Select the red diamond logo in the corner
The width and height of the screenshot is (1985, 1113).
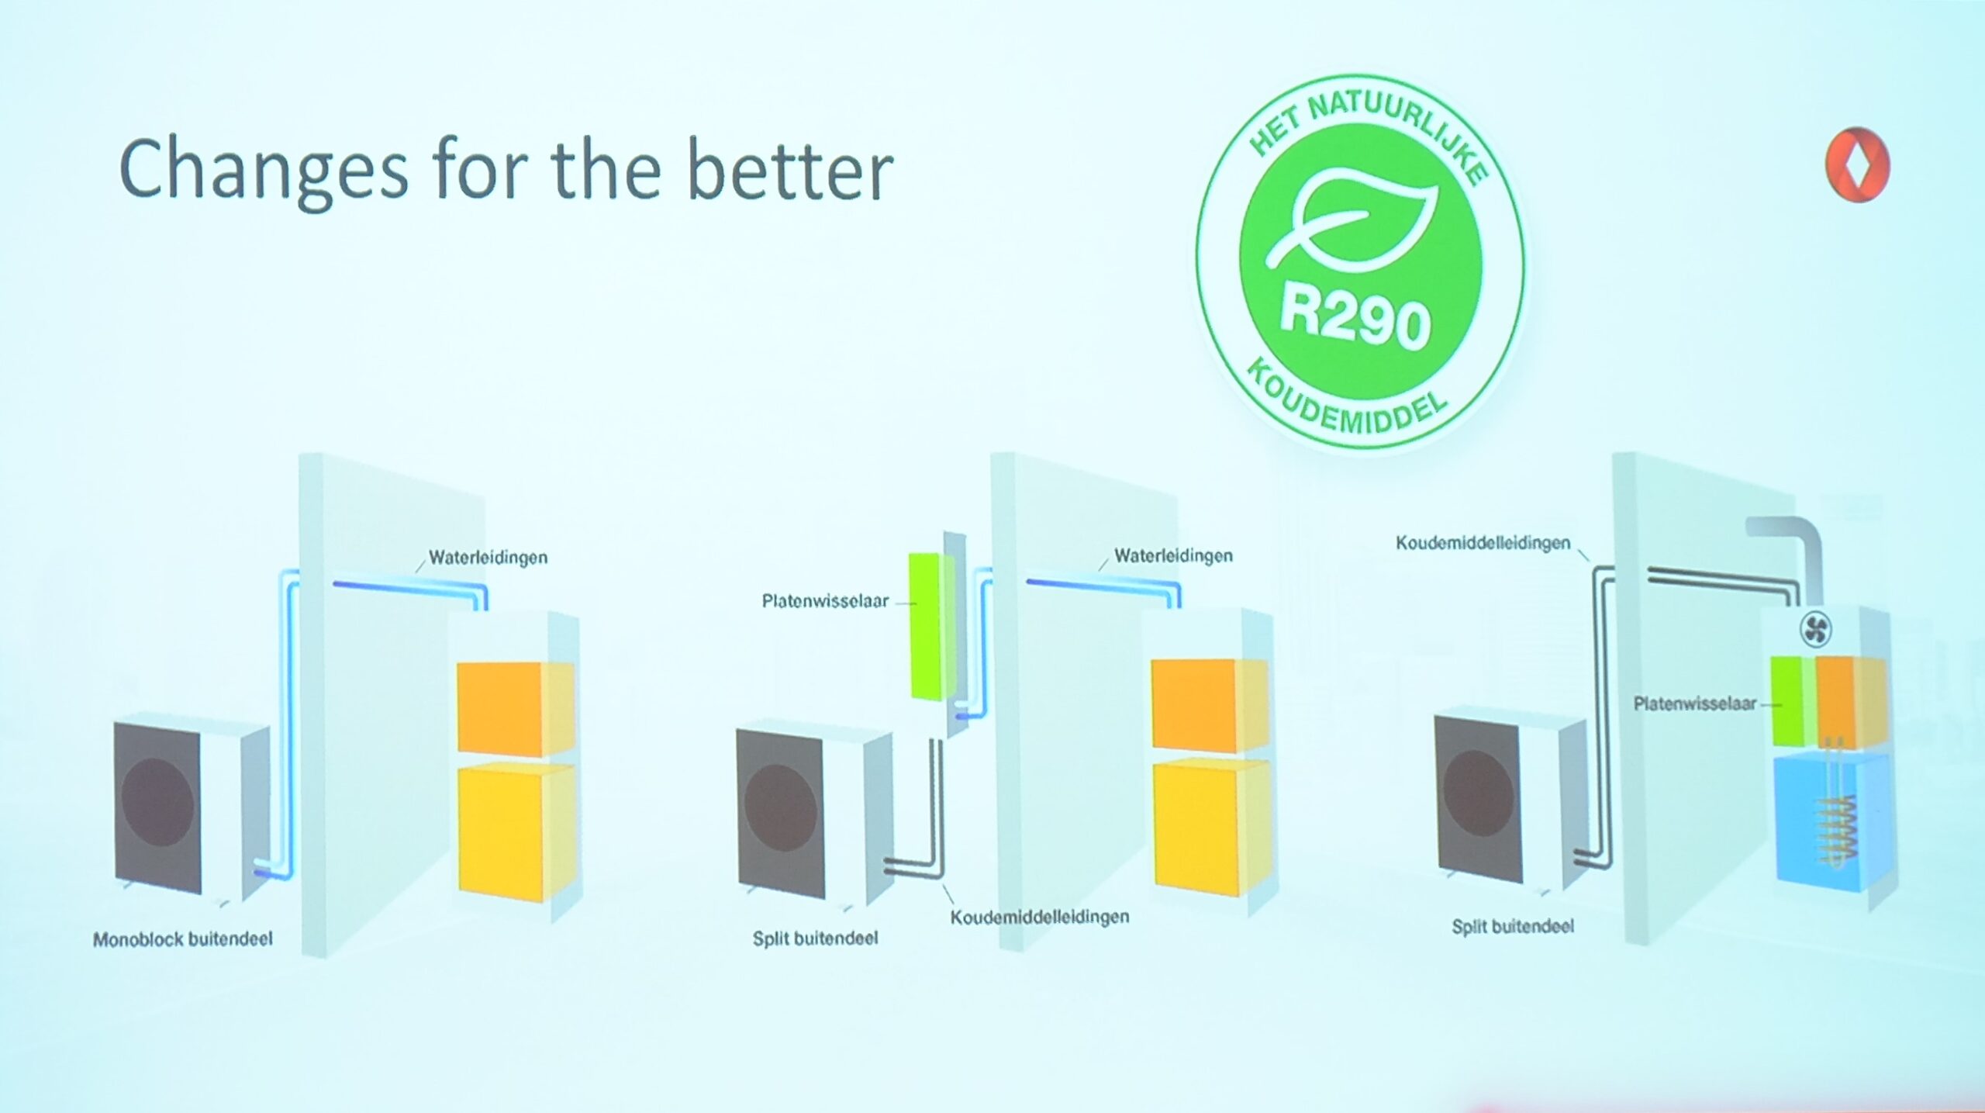click(1858, 165)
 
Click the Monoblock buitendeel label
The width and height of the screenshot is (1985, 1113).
click(183, 939)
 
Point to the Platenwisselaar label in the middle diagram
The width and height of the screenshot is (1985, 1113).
click(825, 601)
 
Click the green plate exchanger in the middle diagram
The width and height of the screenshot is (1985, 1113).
click(927, 626)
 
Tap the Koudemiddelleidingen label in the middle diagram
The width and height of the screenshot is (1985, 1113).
click(1040, 918)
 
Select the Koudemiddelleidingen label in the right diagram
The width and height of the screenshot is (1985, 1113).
click(1483, 543)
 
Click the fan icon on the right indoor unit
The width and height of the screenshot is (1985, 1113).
click(1815, 629)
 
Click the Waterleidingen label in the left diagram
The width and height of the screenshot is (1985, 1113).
click(488, 557)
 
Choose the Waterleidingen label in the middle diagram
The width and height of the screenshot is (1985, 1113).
click(1173, 555)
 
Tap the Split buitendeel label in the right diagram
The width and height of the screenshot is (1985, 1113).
click(1513, 926)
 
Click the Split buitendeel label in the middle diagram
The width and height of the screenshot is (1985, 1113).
click(815, 938)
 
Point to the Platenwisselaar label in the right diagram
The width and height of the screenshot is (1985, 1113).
click(1694, 703)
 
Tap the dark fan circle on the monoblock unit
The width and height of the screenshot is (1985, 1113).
click(157, 802)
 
